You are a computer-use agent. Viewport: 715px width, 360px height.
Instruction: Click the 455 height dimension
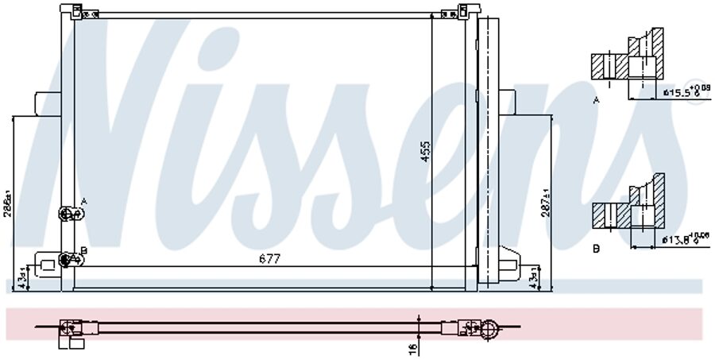pos(425,152)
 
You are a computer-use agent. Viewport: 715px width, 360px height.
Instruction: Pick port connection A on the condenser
pos(69,213)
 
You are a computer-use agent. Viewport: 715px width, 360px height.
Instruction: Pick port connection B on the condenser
pos(68,258)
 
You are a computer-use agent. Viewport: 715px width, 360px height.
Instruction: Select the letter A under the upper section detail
pos(596,101)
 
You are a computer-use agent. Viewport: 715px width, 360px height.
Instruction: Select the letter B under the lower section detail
pos(596,249)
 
